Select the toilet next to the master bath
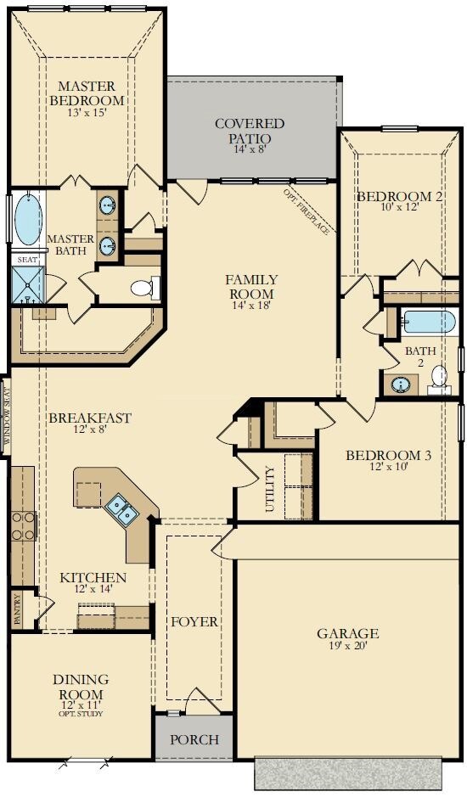click(145, 289)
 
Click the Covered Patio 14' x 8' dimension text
click(249, 149)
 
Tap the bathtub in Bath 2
click(427, 322)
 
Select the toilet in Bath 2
click(439, 379)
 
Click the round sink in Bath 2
click(402, 384)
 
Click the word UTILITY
click(269, 488)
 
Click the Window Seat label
click(6, 415)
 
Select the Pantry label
click(18, 609)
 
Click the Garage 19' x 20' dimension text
click(348, 646)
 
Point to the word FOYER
click(194, 621)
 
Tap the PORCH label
click(194, 739)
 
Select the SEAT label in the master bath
click(27, 259)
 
